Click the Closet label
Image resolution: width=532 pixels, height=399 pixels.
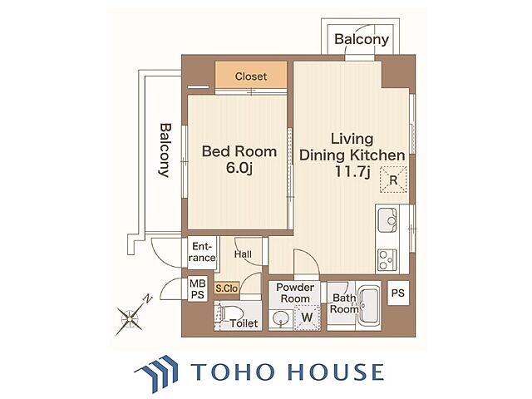click(x=251, y=76)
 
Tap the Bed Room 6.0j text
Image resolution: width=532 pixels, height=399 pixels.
click(x=239, y=160)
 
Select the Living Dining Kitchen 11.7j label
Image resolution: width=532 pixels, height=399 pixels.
click(x=352, y=155)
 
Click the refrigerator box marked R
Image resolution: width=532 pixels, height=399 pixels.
click(x=393, y=180)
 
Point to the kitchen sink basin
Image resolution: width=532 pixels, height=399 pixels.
click(x=387, y=220)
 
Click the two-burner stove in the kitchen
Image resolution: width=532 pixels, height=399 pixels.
click(x=387, y=260)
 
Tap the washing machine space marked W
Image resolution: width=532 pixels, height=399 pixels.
click(x=307, y=318)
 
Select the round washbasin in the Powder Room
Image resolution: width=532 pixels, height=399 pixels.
click(x=281, y=318)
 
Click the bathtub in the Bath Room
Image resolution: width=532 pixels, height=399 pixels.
click(x=369, y=305)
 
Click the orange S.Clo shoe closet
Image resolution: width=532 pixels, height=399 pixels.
click(x=227, y=288)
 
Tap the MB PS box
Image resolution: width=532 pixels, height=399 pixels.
click(x=198, y=289)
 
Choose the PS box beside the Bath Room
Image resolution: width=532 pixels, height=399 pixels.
click(x=398, y=293)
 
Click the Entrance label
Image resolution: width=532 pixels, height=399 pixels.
click(x=202, y=252)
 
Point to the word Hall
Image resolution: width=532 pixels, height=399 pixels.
click(x=243, y=254)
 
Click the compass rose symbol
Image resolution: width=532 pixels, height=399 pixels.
click(x=130, y=318)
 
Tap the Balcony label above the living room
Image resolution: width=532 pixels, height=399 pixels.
click(x=362, y=39)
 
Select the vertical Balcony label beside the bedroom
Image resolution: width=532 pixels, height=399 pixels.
click(x=165, y=150)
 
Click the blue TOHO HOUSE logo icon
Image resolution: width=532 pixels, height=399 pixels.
click(x=157, y=372)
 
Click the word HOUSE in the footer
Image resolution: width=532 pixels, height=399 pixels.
click(x=336, y=372)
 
